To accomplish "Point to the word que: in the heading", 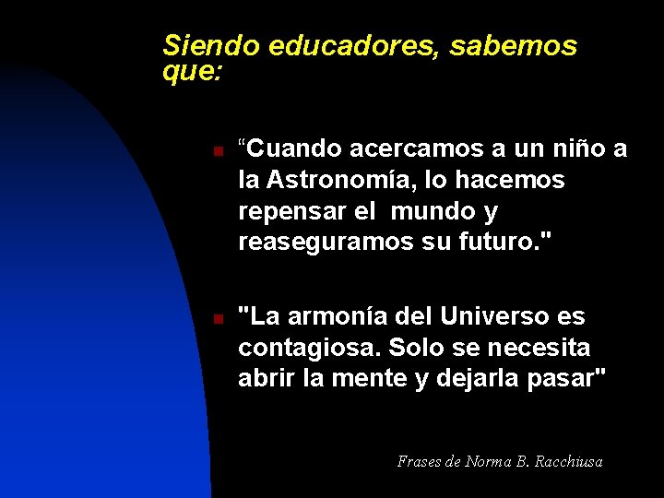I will (192, 70).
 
